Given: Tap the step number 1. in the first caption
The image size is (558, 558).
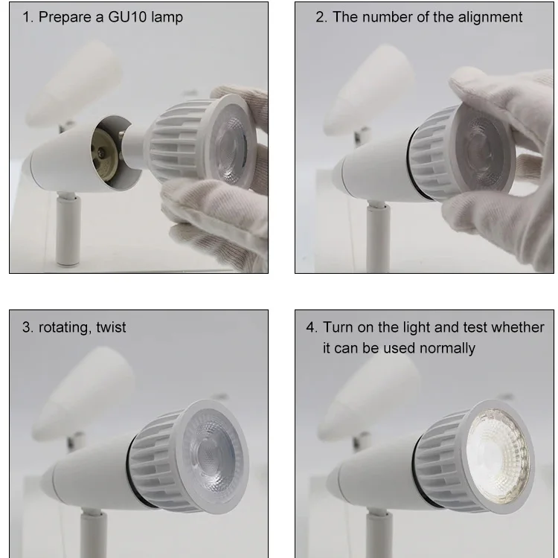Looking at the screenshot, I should pyautogui.click(x=28, y=17).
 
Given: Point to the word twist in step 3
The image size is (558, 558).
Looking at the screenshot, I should pyautogui.click(x=111, y=327).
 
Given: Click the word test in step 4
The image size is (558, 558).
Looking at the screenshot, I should pyautogui.click(x=466, y=327).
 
